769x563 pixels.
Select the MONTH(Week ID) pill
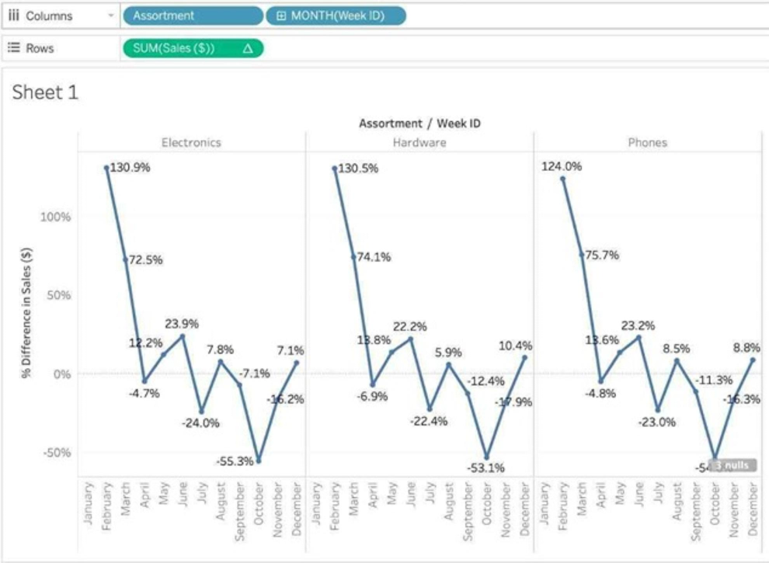(336, 16)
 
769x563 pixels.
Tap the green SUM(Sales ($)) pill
(193, 48)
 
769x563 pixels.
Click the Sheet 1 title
(46, 92)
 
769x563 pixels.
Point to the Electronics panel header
(191, 142)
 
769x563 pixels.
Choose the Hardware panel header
(419, 142)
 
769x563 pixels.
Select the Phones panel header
(647, 142)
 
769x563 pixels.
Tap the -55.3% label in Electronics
(235, 461)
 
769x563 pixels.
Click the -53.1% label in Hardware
(486, 467)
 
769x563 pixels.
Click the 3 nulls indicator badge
(732, 465)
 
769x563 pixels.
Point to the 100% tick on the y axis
(56, 217)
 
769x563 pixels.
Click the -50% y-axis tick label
(56, 453)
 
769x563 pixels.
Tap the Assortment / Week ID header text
(420, 123)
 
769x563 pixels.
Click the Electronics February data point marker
(106, 167)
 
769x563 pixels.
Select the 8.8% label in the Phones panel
(747, 349)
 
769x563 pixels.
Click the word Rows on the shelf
(41, 48)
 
